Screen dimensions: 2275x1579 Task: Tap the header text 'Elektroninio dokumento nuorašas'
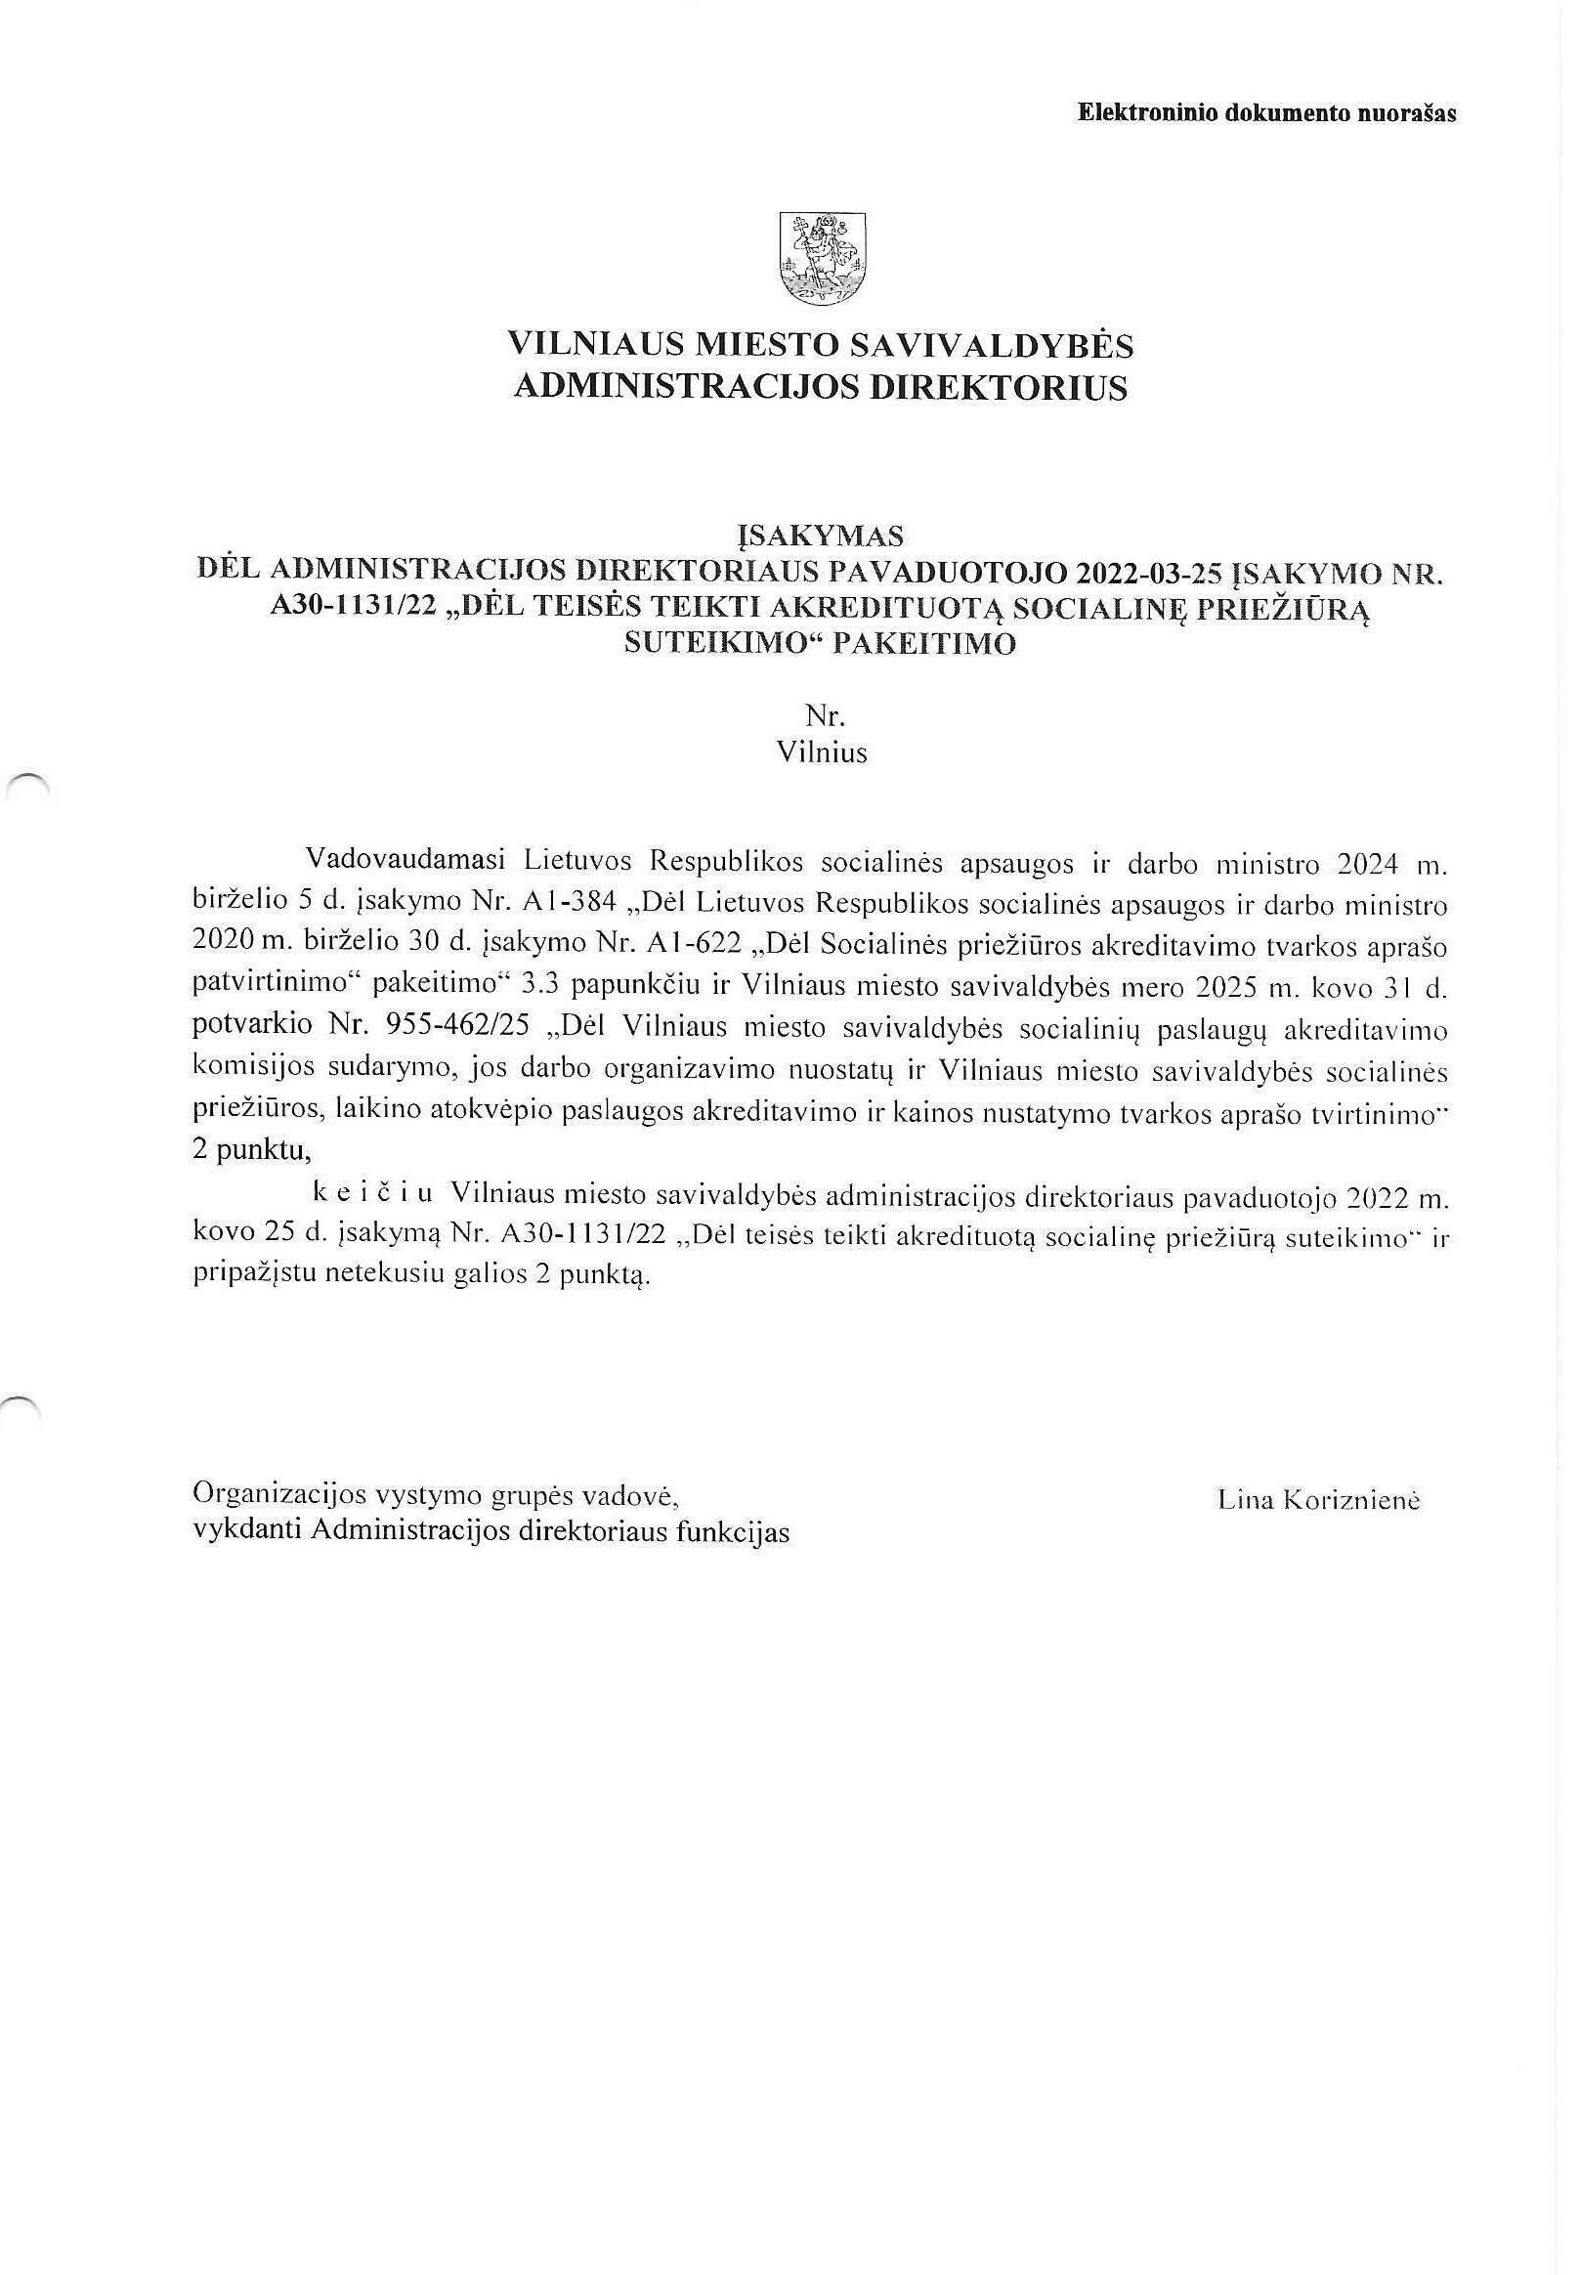coord(1266,112)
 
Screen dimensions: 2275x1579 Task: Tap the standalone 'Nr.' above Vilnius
coord(822,715)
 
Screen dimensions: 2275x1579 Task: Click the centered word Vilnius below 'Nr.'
coord(822,752)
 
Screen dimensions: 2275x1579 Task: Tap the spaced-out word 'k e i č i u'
coord(373,1194)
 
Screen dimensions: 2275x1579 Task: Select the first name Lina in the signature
coord(1244,1500)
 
